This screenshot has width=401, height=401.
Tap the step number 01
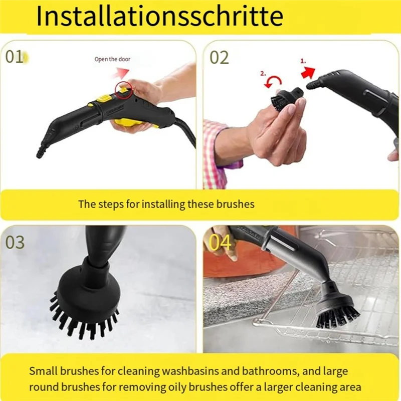[x=15, y=57]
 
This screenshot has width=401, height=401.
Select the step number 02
[x=219, y=57]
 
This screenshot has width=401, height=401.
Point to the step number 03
[x=15, y=242]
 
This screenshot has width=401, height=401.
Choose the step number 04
[x=220, y=242]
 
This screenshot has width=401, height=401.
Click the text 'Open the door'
[x=112, y=59]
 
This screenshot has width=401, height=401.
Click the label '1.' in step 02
[x=303, y=60]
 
